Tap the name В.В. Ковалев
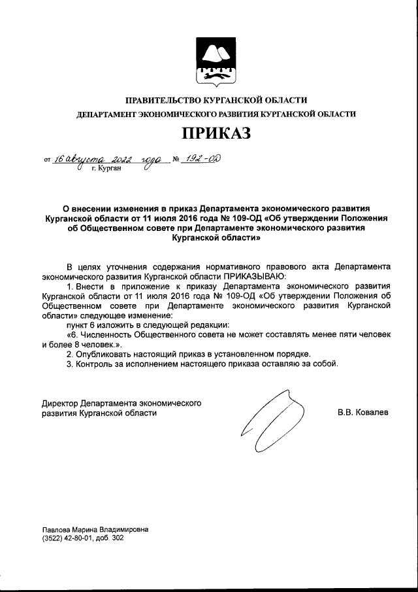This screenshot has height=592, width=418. click(x=362, y=413)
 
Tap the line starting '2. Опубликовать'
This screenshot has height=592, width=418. click(x=188, y=353)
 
